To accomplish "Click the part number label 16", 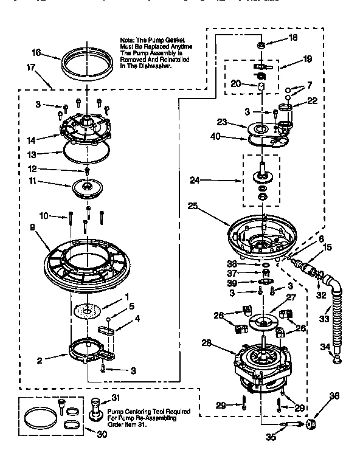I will (x=36, y=53).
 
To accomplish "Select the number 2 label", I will (x=39, y=361).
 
